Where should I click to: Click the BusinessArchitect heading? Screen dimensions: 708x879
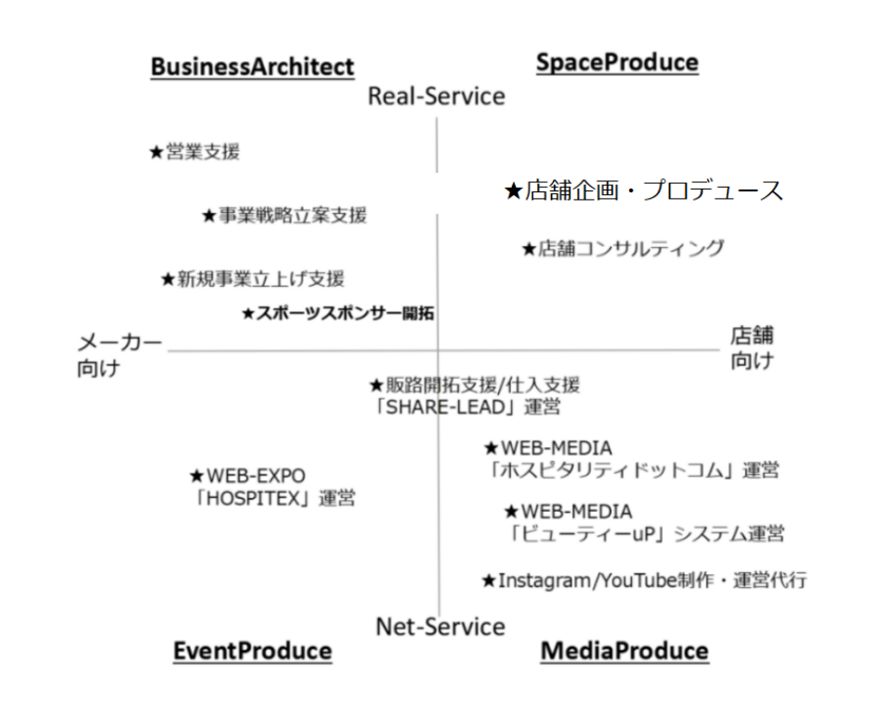[252, 67]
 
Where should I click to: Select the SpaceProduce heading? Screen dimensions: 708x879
[617, 62]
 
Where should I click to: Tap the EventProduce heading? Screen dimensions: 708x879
[252, 651]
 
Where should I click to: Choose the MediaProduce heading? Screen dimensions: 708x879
[624, 651]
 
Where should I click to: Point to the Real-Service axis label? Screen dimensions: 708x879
[437, 97]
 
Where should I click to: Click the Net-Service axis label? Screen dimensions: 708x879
[440, 627]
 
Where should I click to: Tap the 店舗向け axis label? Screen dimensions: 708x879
[752, 347]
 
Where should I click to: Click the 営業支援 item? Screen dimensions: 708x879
[195, 152]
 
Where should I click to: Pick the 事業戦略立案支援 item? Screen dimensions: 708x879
[284, 216]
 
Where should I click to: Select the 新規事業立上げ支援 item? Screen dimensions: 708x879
[253, 278]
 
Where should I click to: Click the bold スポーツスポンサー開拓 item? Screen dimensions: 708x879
[338, 314]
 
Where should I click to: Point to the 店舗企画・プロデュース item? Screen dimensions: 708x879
[644, 191]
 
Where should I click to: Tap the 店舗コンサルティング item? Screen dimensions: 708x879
[622, 248]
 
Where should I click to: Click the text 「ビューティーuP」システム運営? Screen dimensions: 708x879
[646, 534]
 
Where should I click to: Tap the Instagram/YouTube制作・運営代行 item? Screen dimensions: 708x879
[644, 581]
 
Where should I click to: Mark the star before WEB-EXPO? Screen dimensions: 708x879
[197, 477]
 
